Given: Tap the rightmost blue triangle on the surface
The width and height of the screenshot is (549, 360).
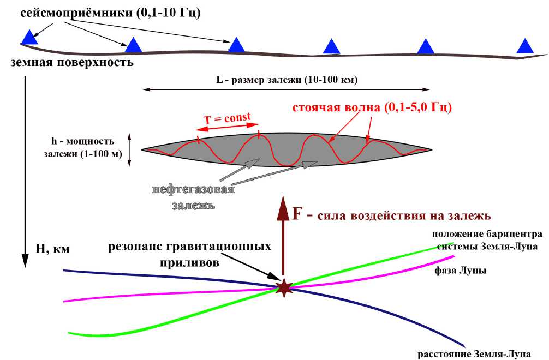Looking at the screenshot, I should [525, 46].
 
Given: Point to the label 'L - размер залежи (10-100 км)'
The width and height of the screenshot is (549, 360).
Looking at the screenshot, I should [287, 80].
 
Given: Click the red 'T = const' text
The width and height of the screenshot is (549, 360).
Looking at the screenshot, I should [227, 118].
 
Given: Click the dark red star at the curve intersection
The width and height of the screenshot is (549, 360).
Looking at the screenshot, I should [283, 287].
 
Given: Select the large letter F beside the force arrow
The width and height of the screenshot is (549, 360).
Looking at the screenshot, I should [298, 213].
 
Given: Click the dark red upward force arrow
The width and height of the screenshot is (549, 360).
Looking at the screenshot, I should [283, 235].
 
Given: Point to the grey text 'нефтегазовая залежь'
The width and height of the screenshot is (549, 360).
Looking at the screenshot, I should [194, 197].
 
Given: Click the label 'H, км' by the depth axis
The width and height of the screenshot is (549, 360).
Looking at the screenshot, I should [53, 249].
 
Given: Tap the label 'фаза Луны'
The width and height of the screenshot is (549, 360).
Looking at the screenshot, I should [461, 271].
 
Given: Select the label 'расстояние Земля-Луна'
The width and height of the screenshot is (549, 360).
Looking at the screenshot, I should [474, 355].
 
